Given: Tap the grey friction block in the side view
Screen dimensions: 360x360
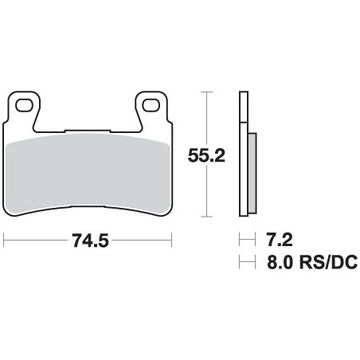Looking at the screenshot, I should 252,170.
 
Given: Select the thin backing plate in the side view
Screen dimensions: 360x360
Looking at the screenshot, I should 242,155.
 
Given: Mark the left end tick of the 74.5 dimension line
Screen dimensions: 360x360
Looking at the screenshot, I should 4,239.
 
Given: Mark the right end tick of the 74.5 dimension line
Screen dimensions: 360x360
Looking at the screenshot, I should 172,239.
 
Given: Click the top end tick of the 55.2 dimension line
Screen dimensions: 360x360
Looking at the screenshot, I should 208,92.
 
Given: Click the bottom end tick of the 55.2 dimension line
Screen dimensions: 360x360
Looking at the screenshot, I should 208,217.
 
